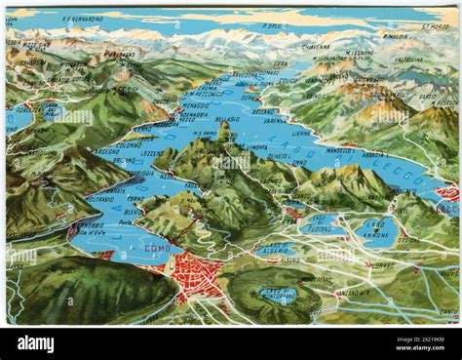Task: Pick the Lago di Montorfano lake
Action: pos(278,294)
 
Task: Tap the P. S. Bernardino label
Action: pos(84,19)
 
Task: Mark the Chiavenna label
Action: pos(315,45)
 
